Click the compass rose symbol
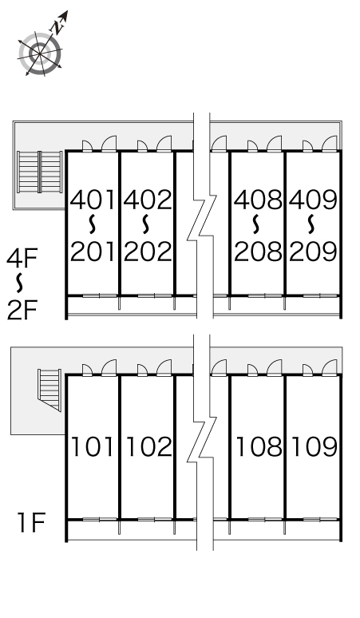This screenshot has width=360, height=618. coord(40,53)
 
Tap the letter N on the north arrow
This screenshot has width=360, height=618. coord(58,27)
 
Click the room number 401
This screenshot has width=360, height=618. coord(93,200)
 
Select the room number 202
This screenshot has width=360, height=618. coord(148,252)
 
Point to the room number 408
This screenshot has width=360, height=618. coord(259,200)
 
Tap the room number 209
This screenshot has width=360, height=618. coord(314,252)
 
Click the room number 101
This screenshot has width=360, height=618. coord(93,446)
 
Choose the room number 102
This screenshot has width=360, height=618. coord(149,446)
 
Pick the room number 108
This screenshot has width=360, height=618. coord(259,446)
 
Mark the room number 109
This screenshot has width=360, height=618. coord(315,446)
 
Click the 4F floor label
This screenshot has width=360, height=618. coord(22,258)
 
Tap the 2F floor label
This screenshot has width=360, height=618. coord(22,310)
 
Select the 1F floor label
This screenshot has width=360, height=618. coord(31,522)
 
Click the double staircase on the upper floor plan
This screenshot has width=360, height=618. coord(40,172)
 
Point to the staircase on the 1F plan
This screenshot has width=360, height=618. coord(49,390)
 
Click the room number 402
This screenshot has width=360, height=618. coord(148,200)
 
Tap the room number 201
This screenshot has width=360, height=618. coord(93,252)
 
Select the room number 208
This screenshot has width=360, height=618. coord(259,252)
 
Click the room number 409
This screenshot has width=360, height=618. coord(314,200)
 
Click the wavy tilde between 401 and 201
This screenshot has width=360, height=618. coord(92,224)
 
